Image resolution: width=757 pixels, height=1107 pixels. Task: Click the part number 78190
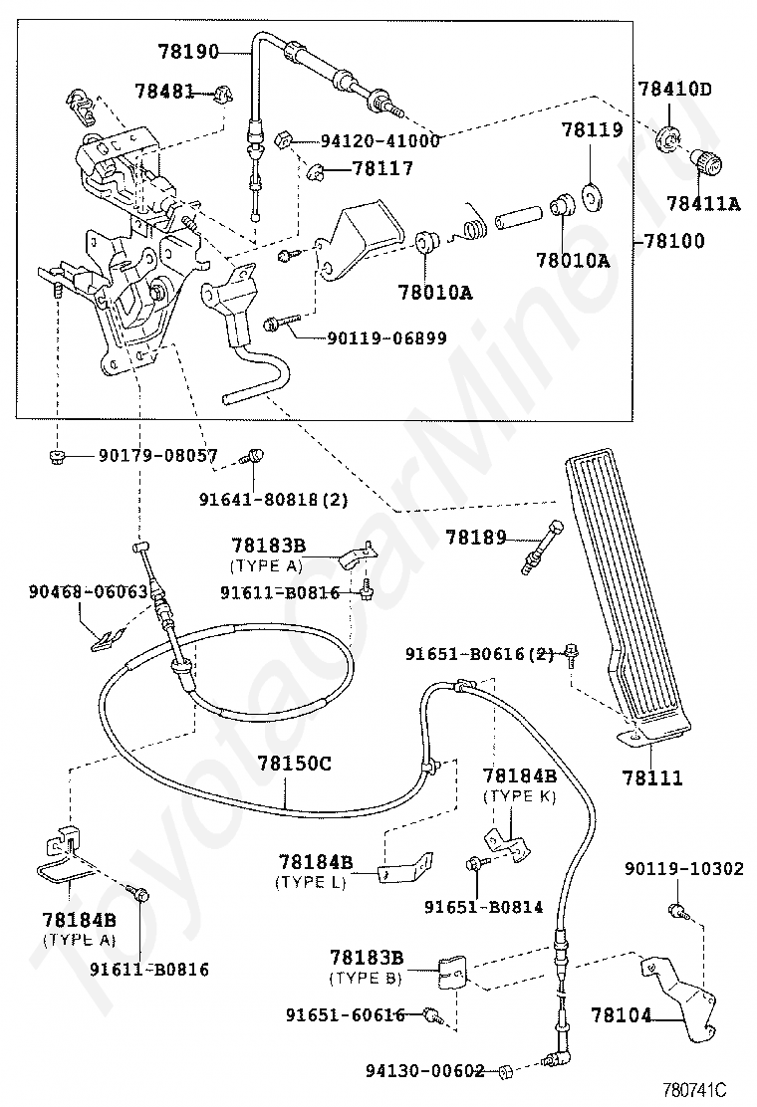pyautogui.click(x=188, y=52)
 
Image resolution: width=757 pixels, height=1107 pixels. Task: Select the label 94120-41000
pyautogui.click(x=379, y=140)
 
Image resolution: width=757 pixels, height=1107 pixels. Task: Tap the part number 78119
pyautogui.click(x=593, y=129)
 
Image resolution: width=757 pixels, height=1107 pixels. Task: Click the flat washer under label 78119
pyautogui.click(x=592, y=197)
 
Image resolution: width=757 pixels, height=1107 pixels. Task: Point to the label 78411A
pyautogui.click(x=703, y=204)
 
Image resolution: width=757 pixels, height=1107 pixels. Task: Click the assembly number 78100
pyautogui.click(x=674, y=242)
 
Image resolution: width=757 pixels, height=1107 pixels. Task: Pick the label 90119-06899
pyautogui.click(x=387, y=338)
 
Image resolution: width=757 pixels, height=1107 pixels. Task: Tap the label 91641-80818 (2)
pyautogui.click(x=273, y=500)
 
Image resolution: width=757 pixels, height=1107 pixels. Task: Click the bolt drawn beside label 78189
pyautogui.click(x=542, y=547)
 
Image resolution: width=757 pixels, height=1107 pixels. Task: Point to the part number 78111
pyautogui.click(x=652, y=778)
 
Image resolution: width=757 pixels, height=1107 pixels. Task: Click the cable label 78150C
pyautogui.click(x=295, y=764)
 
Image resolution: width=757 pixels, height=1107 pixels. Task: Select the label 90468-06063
pyautogui.click(x=89, y=591)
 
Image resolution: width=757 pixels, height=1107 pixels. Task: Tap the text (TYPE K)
pyautogui.click(x=520, y=795)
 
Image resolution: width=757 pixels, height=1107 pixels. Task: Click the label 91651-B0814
pyautogui.click(x=484, y=907)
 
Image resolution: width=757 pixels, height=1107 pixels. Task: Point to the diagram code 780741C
pyautogui.click(x=694, y=1090)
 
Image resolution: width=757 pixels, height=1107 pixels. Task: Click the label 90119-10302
pyautogui.click(x=684, y=868)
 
